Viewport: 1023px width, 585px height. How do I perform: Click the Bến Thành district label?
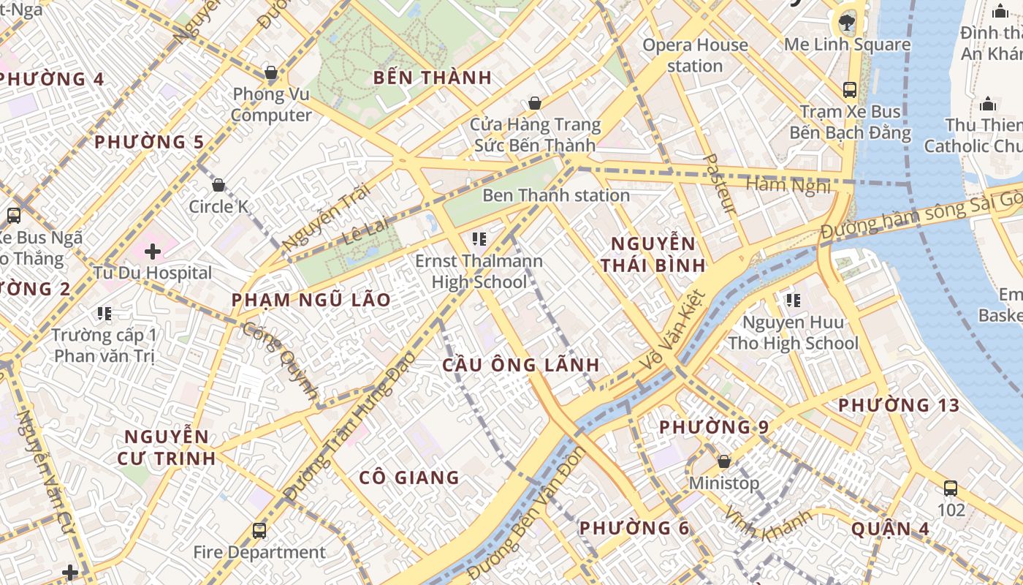coord(432,78)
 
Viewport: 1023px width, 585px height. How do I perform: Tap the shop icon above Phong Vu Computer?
coord(271,72)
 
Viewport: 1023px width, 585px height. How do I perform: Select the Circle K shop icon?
coord(218,185)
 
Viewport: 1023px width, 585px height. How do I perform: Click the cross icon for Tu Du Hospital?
coord(152,252)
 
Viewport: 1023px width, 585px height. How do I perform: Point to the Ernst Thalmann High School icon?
coord(479,238)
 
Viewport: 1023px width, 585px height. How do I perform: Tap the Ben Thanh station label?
coord(555,195)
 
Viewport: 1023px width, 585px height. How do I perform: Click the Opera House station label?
coord(695,56)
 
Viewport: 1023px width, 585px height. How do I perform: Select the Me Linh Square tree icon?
coord(848,22)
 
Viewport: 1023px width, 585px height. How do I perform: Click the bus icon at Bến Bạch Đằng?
coord(850,90)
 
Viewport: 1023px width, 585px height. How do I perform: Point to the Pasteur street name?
coord(719,184)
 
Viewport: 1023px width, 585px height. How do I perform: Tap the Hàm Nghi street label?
coord(788,185)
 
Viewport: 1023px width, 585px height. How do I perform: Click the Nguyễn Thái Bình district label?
coord(653,254)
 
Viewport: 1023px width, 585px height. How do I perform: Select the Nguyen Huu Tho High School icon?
coord(793,301)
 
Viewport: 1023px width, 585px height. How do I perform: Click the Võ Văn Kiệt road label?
coord(673,329)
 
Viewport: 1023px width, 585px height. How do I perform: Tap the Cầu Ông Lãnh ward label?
coord(521,365)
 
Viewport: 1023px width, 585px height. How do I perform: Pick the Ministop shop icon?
coord(724,462)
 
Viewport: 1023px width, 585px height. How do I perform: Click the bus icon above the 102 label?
coord(951,488)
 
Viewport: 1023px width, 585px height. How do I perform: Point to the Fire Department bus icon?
coord(259,531)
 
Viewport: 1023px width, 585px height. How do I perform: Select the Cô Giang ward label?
coord(409,478)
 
